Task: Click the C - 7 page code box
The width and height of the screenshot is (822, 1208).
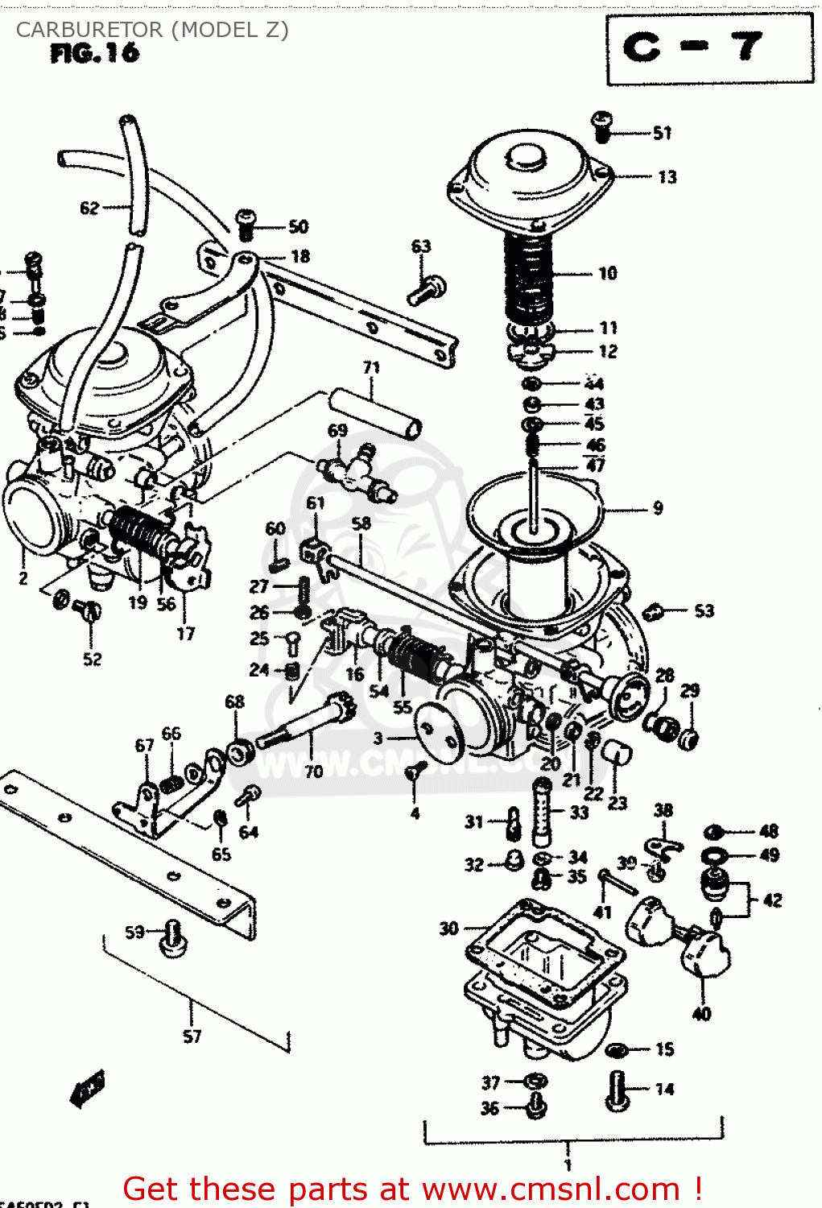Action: [709, 48]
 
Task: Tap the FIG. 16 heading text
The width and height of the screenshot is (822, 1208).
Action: [95, 53]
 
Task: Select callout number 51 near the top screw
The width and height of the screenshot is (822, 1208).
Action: [662, 133]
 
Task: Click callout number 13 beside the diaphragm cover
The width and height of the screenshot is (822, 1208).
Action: [667, 176]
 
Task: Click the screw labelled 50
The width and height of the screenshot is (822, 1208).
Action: [246, 225]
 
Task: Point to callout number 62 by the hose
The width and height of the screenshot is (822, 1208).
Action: [89, 208]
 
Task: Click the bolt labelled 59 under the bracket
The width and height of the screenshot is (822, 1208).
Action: [172, 939]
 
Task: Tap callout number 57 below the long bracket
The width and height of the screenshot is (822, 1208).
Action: [192, 1036]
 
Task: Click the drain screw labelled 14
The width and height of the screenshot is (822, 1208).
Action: [618, 1091]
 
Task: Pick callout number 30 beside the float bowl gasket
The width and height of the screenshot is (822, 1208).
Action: [448, 929]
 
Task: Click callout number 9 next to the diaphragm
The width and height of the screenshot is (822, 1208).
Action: [658, 508]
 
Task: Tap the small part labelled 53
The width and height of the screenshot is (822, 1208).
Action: [654, 612]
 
